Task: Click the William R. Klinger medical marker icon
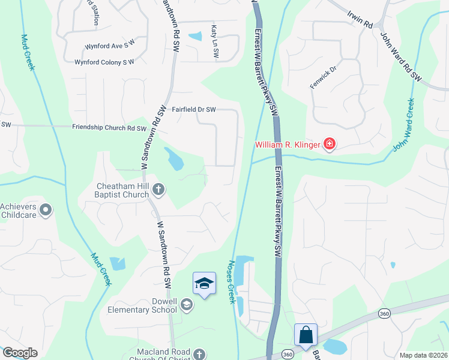click(329, 144)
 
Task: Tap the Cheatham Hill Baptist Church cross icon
click(158, 190)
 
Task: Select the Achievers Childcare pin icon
click(47, 210)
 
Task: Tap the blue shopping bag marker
click(306, 334)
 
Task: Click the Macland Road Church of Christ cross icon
click(199, 355)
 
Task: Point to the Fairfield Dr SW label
click(193, 110)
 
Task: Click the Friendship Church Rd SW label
click(109, 128)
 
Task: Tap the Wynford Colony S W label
click(104, 62)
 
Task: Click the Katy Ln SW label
click(214, 41)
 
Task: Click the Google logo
click(20, 353)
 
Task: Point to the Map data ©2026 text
click(423, 355)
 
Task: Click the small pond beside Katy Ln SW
click(196, 37)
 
